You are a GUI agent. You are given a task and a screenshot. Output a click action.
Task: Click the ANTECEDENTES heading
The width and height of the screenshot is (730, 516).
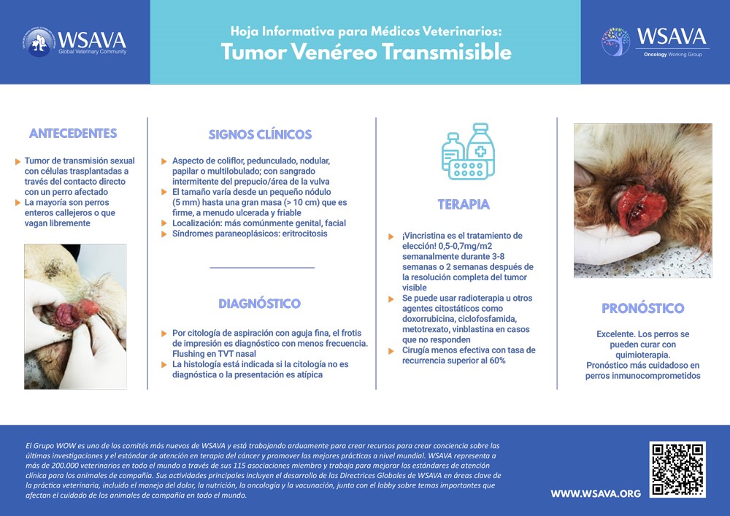pos(73,134)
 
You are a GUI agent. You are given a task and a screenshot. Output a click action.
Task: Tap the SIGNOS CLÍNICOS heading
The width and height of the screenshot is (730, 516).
pos(260,134)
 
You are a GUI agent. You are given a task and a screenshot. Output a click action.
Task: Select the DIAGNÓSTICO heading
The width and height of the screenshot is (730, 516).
pos(259,304)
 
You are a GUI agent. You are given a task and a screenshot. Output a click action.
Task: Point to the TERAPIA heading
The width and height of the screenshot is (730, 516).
pos(464,204)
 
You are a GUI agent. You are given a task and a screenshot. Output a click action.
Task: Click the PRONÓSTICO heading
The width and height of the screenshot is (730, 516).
pos(642,308)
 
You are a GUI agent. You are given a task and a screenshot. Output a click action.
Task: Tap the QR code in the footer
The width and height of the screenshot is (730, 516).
pos(678,469)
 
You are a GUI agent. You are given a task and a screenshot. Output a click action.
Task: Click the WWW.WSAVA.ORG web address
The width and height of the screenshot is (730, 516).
pos(596,494)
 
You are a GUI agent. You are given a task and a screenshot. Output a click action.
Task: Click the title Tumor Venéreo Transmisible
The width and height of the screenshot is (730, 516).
pos(366,53)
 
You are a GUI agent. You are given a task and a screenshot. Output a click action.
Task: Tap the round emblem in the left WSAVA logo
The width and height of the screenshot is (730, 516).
pos(38,42)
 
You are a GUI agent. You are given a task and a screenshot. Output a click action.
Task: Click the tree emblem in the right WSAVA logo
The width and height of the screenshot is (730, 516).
pos(615,42)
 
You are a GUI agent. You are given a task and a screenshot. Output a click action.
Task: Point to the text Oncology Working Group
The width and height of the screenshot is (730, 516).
pos(672,55)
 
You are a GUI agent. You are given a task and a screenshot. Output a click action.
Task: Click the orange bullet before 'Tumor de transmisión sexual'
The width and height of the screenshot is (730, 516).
pos(18,161)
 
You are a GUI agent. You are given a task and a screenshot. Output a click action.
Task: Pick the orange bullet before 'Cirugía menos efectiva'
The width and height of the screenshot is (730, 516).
pos(395,351)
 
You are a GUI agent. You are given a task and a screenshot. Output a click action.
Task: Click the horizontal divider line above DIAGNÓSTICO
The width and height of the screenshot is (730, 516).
pos(262,268)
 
